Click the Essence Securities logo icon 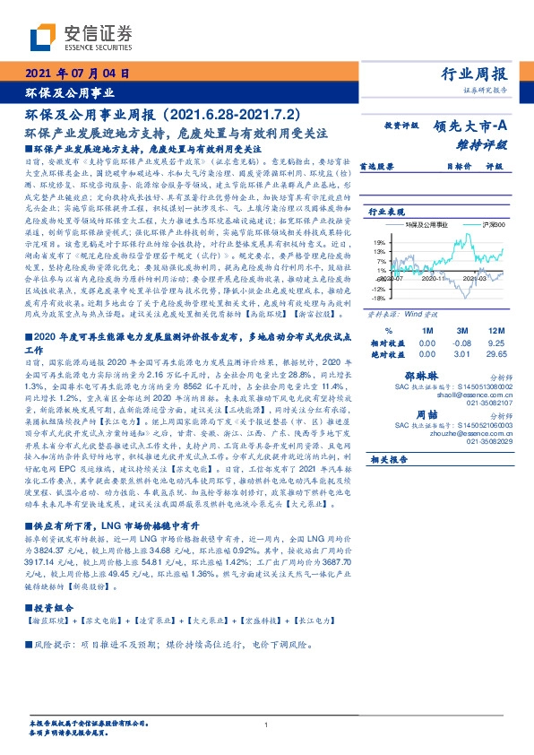coord(46,36)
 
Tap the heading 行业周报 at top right coord(475,74)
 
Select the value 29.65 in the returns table coord(495,351)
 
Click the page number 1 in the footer coord(267,725)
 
